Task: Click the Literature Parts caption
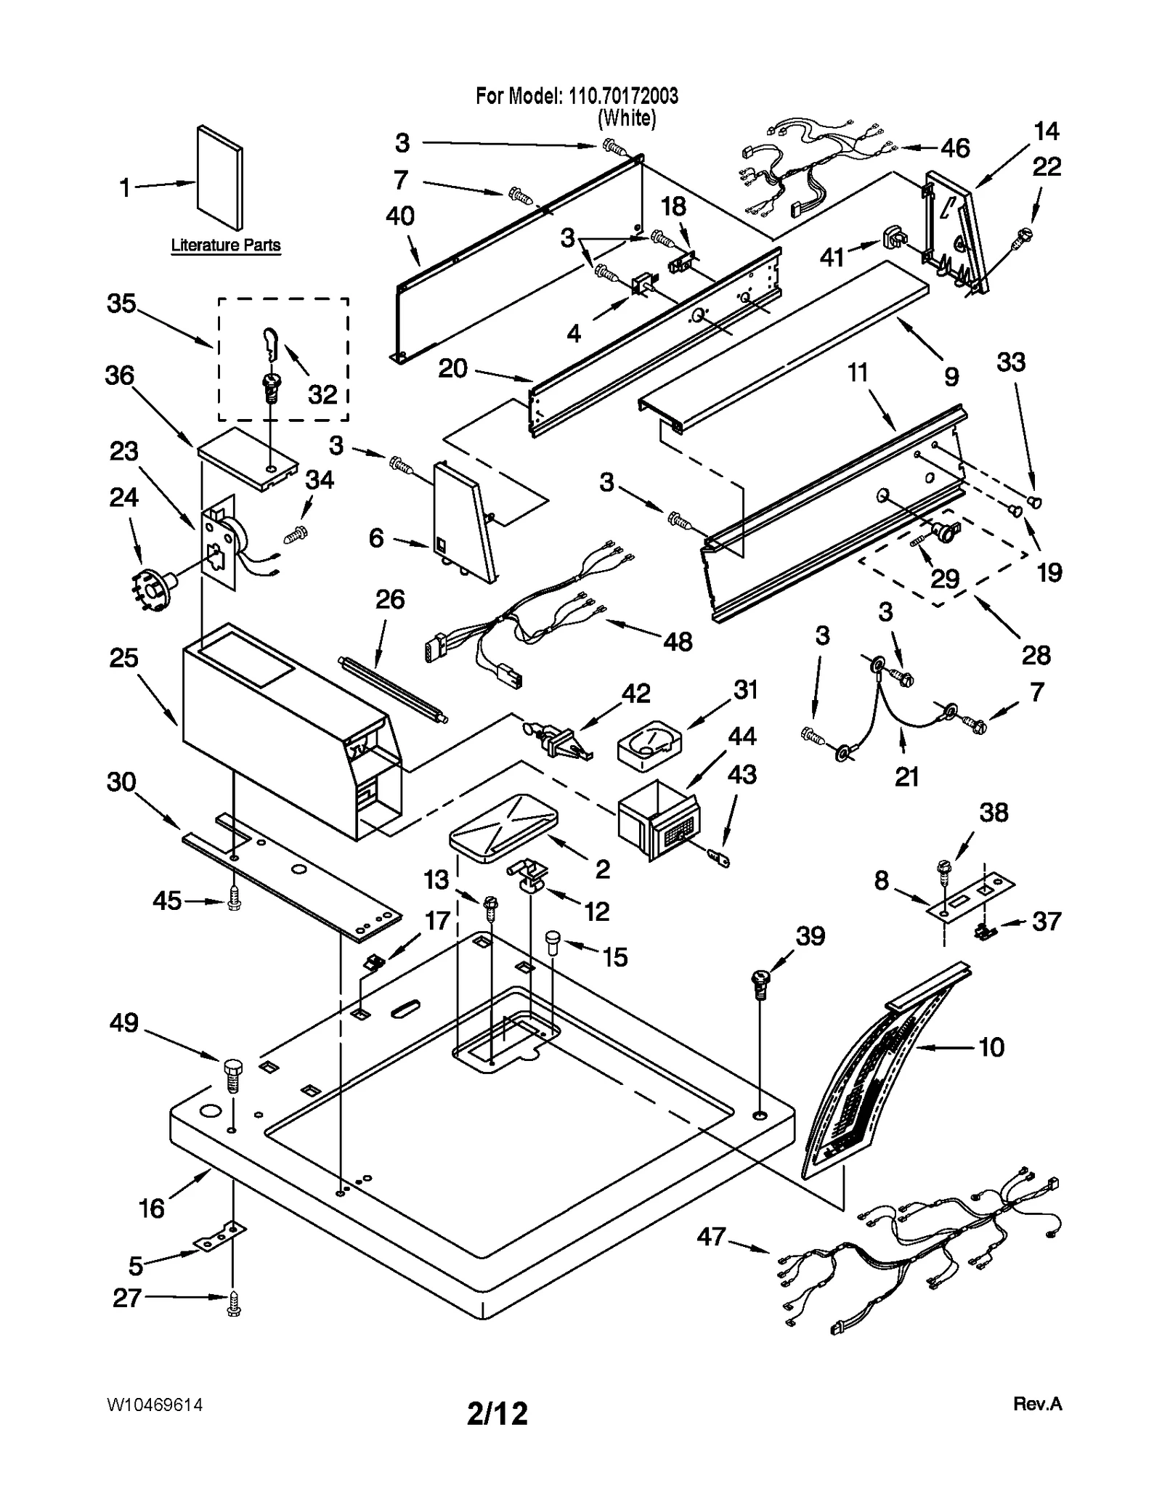coord(225,245)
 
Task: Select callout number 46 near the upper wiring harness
coord(954,148)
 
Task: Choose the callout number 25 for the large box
coord(123,658)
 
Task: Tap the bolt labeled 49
coord(232,1078)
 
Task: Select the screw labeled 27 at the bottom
coord(234,1307)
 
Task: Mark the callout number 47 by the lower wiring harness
coord(711,1235)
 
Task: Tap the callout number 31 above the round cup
coord(745,690)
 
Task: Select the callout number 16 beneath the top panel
coord(152,1208)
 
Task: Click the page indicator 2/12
coord(497,1413)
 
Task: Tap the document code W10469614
coord(155,1405)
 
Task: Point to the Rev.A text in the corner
coord(1037,1404)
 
